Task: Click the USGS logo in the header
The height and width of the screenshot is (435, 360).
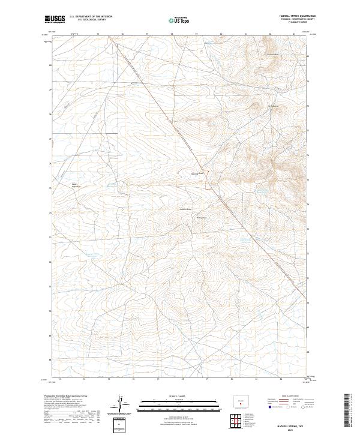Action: tap(55, 20)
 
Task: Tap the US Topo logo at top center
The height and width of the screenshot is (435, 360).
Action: tap(180, 20)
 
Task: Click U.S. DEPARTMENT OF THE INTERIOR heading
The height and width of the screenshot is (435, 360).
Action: tap(91, 16)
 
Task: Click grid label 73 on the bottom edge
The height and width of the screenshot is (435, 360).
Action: tap(83, 379)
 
